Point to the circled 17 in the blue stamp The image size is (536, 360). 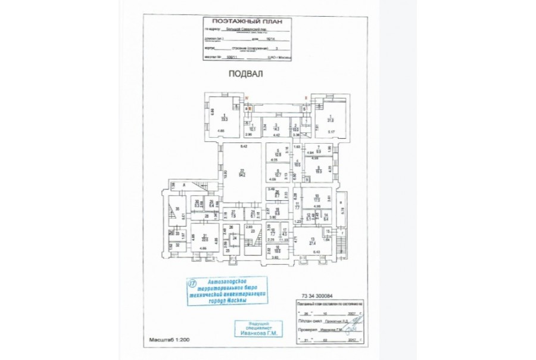point(192,282)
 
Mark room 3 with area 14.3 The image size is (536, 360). point(276,128)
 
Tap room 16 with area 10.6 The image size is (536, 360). point(278,250)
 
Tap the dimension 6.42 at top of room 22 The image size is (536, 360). point(242,146)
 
